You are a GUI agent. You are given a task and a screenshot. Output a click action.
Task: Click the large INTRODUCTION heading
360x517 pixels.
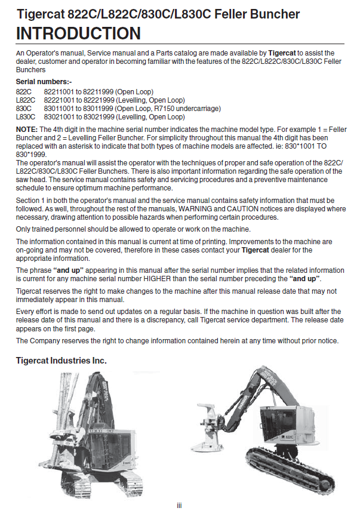point(78,33)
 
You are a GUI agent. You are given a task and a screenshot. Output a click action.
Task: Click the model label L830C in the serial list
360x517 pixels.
point(26,116)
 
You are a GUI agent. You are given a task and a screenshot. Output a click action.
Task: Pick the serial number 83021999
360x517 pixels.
point(105,116)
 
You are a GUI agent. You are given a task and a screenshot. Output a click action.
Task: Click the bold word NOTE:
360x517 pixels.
point(27,129)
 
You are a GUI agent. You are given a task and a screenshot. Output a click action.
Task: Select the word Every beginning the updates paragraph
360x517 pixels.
point(25,312)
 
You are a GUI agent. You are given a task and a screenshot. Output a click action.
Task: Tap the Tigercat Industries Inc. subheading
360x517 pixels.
point(61,361)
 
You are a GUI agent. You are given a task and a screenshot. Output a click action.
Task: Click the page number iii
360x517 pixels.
point(180,506)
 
